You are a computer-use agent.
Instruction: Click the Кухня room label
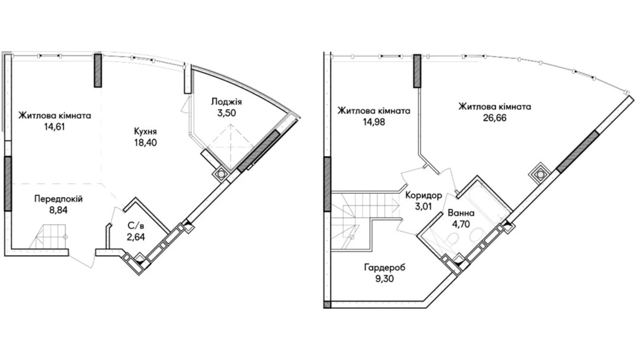[145, 132]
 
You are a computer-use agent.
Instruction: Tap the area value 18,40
[146, 143]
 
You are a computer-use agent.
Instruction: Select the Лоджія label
[227, 102]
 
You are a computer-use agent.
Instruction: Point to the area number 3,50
[227, 113]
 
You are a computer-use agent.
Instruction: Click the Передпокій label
[58, 199]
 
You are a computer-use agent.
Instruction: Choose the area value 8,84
[58, 210]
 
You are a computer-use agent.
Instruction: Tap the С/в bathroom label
[136, 226]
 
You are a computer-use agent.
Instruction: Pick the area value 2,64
[136, 237]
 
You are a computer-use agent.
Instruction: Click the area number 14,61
[55, 127]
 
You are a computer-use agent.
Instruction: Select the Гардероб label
[384, 268]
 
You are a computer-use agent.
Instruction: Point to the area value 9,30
[384, 279]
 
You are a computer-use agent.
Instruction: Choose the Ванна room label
[461, 213]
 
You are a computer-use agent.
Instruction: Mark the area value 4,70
[461, 224]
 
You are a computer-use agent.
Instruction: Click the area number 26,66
[495, 118]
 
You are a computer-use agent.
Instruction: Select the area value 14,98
[374, 122]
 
